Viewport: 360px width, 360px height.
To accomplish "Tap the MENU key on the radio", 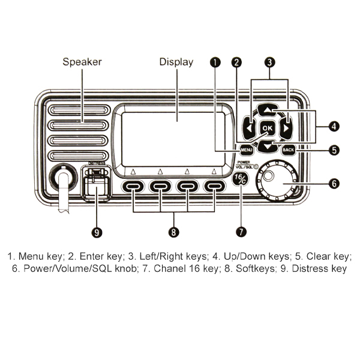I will (x=246, y=149).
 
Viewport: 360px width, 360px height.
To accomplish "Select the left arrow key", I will (x=248, y=128).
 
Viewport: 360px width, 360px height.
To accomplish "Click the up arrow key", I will (x=268, y=111).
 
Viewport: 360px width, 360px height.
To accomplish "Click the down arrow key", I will (x=268, y=145).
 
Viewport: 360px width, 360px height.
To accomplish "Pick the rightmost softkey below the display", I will (x=214, y=187).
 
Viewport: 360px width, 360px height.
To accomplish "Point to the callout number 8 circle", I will (x=173, y=230).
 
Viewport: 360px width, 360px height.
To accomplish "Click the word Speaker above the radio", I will (x=82, y=62).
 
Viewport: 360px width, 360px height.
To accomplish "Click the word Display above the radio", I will (x=176, y=62).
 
